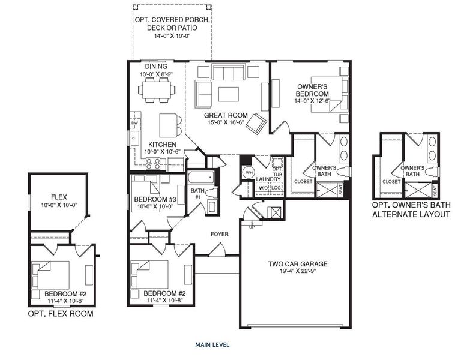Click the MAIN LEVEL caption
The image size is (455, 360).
click(212, 345)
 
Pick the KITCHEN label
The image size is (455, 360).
click(163, 145)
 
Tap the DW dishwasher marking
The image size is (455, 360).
click(134, 124)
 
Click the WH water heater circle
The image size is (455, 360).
click(247, 173)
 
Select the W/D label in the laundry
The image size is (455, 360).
click(262, 188)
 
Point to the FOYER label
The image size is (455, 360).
click(218, 234)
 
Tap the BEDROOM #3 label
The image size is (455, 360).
click(155, 199)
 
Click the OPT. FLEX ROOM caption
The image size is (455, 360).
click(61, 314)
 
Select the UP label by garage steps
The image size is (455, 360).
click(252, 227)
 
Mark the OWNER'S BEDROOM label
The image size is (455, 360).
click(313, 91)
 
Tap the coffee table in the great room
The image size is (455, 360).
click(228, 95)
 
